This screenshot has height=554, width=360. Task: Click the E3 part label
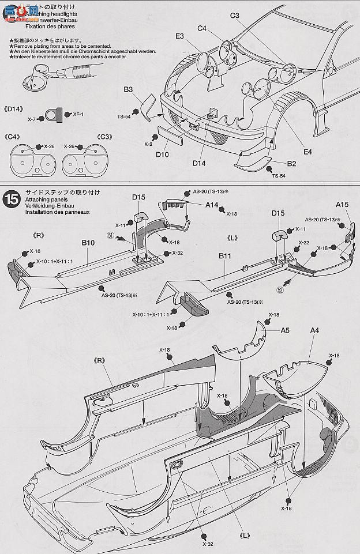[179, 36]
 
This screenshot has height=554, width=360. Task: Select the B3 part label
[128, 89]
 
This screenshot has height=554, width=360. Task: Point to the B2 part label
[291, 164]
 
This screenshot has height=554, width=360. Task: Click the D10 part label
[162, 154]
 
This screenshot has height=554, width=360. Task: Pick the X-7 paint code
[32, 118]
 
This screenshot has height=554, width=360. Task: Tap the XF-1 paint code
[78, 115]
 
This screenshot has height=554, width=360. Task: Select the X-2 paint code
[148, 144]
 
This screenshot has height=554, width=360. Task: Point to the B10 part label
[88, 243]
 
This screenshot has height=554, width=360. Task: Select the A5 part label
[285, 331]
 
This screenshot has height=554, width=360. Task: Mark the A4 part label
[314, 330]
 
